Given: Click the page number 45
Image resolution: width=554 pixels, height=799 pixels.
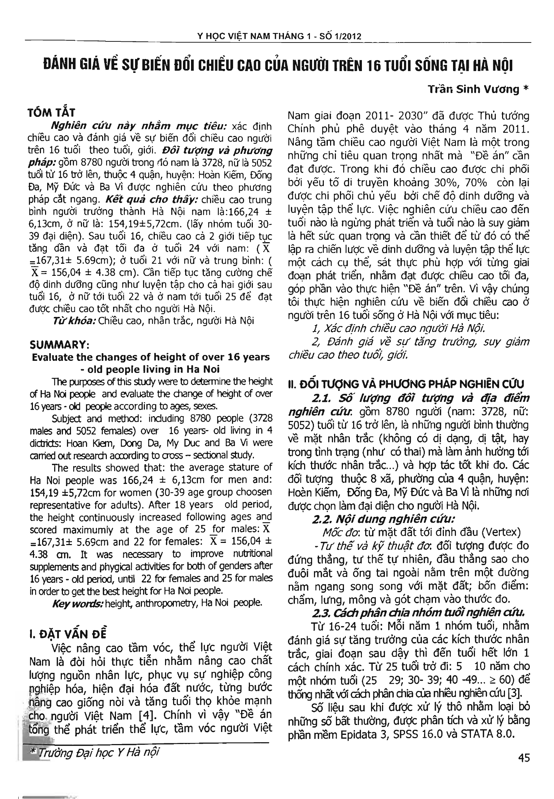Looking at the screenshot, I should [524, 757].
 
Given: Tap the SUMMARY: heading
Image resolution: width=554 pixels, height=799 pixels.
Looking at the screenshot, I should [58, 345].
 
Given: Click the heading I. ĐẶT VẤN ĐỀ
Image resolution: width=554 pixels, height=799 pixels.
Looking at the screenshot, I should [68, 633].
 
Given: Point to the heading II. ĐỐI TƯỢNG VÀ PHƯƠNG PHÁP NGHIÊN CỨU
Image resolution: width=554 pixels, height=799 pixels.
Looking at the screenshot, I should [406, 384].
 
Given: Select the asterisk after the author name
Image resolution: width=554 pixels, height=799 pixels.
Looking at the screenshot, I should [526, 89].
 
